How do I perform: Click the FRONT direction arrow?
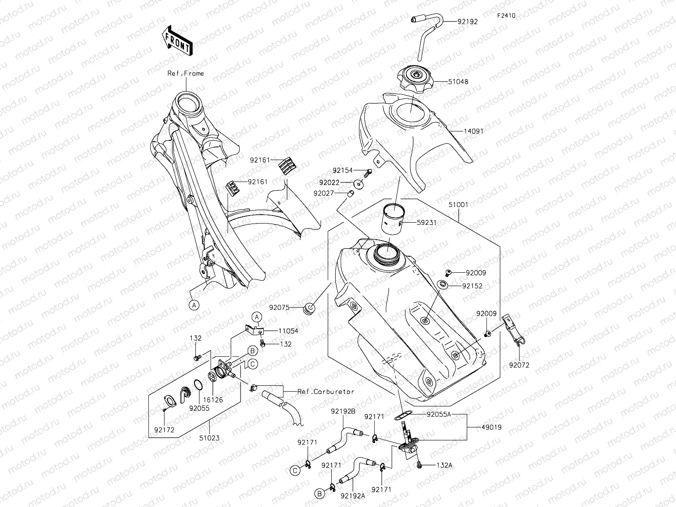click(178, 41)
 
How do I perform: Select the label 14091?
click(473, 131)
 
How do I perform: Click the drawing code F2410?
click(506, 16)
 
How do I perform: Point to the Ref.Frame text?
click(186, 73)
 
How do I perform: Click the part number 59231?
click(427, 222)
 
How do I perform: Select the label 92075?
click(279, 308)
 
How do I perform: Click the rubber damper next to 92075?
click(309, 308)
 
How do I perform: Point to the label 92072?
click(519, 365)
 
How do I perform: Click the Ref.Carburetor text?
click(325, 392)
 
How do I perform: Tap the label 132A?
click(444, 465)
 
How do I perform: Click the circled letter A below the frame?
click(194, 305)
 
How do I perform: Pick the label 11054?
click(288, 331)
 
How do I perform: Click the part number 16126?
click(213, 401)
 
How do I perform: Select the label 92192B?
click(343, 410)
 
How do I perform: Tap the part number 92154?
click(342, 170)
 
